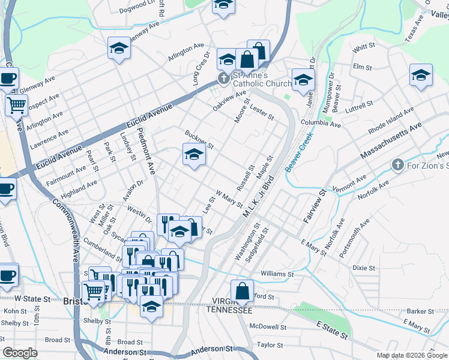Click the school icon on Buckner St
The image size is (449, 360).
193,155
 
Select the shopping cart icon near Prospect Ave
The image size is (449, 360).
16,106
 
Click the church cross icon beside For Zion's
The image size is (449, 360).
397,164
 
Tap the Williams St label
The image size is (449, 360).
277,274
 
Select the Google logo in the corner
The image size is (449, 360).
20,353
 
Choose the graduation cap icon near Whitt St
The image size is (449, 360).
421,76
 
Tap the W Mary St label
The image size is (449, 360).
229,199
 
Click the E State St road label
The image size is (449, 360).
333,329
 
